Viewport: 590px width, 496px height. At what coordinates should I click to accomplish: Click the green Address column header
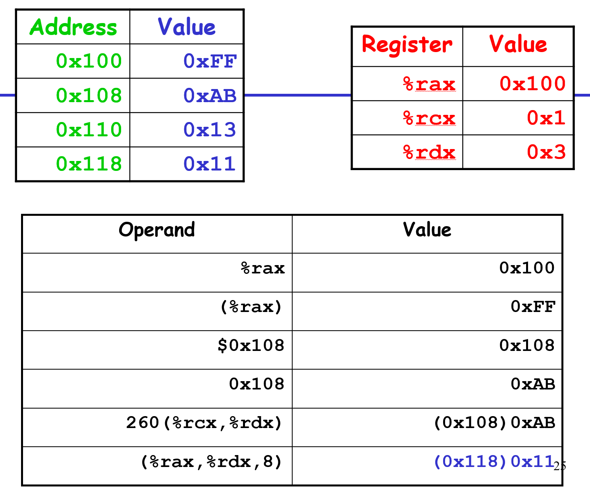(73, 27)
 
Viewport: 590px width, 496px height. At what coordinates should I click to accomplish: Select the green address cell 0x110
(89, 130)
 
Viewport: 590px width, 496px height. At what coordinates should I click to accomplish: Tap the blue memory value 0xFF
(210, 61)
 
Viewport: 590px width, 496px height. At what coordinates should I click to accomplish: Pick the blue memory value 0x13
(210, 130)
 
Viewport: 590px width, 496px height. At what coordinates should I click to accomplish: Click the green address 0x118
(89, 164)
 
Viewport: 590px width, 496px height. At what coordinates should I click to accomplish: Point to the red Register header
(407, 44)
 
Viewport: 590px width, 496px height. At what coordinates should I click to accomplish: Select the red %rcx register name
(429, 118)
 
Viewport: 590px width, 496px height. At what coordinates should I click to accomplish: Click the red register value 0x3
(546, 152)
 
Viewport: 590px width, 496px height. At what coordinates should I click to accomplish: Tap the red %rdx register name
(429, 152)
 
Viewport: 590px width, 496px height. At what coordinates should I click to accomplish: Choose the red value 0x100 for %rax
(532, 83)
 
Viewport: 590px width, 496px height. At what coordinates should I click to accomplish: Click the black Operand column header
(157, 230)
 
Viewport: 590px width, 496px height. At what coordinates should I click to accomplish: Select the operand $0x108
(251, 345)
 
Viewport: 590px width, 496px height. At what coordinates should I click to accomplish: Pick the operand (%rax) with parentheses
(251, 307)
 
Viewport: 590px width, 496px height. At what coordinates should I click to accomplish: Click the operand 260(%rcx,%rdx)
(204, 422)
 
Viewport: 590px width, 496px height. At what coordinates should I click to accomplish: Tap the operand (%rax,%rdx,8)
(211, 461)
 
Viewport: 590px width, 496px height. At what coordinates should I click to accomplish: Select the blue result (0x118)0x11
(494, 461)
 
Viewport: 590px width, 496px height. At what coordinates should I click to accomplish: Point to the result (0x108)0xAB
(494, 422)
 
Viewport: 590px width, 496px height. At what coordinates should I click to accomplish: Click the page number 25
(560, 466)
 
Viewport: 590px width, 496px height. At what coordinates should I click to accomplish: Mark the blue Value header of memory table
(187, 27)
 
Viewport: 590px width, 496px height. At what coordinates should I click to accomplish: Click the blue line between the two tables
(298, 95)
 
